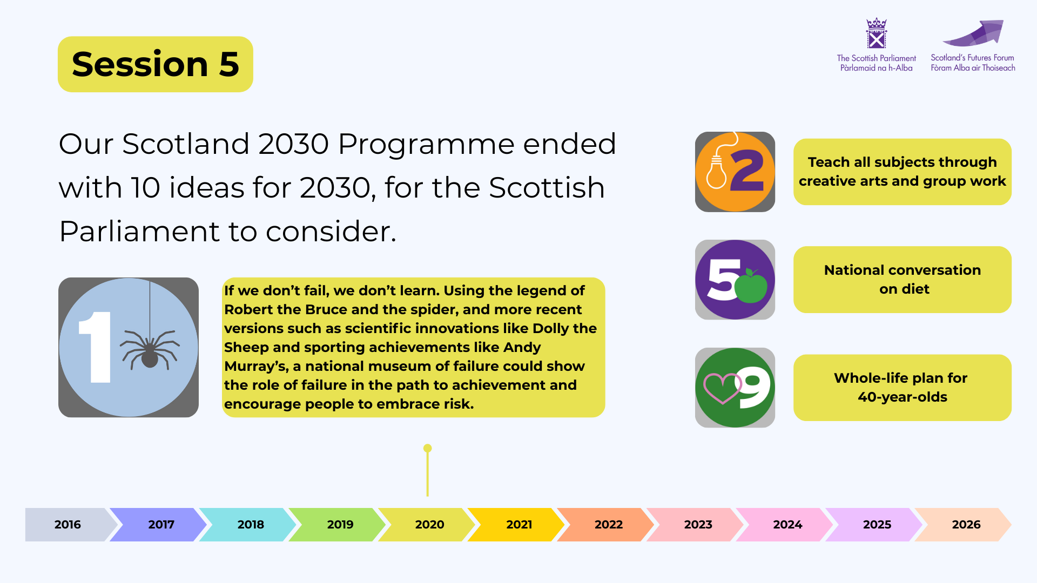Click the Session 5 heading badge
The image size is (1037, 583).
(156, 64)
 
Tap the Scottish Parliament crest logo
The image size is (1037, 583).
(876, 33)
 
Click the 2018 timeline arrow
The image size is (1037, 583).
(248, 524)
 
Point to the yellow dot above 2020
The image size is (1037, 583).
(428, 448)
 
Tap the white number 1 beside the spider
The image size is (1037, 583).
(96, 347)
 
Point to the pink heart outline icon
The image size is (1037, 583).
(722, 388)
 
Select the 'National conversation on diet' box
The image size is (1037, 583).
(903, 280)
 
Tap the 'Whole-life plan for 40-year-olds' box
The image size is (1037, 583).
(903, 388)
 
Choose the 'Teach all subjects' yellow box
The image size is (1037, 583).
(903, 172)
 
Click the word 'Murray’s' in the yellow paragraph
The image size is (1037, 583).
(255, 366)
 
